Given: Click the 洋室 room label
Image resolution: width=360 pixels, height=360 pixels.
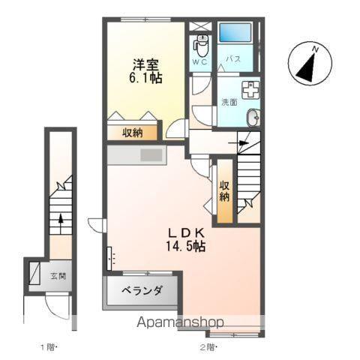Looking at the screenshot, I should point(145,64).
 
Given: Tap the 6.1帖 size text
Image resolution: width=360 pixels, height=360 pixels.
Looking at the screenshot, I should point(145,77).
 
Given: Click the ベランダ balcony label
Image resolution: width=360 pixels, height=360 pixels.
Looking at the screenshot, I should point(142,291).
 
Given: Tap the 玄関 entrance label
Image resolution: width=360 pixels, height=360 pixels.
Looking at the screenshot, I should point(58,276).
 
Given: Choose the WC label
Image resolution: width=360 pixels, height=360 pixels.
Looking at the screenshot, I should point(200,61).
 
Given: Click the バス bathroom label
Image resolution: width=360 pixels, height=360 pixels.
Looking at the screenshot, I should point(233,60).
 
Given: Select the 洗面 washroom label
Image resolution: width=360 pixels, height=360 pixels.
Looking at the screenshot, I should point(229,102).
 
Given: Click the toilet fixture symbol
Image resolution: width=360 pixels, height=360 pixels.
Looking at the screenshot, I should point(201,42).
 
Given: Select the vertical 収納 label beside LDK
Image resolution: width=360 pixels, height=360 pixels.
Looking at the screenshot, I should point(224,191).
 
